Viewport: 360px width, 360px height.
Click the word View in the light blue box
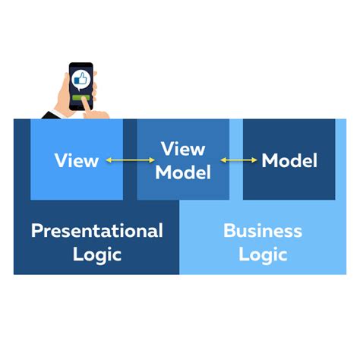click(77, 160)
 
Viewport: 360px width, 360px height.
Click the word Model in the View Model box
click(183, 172)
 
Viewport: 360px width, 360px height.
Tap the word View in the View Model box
click(183, 149)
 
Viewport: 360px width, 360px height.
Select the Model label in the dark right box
click(289, 160)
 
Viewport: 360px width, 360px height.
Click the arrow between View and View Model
click(128, 160)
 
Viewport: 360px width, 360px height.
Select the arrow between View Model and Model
click(238, 160)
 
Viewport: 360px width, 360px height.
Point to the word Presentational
click(96, 230)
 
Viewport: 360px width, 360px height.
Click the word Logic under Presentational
click(96, 254)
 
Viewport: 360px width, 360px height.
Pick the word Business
click(262, 230)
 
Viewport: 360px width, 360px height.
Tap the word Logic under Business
click(262, 254)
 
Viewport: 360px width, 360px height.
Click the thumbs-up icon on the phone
click(81, 78)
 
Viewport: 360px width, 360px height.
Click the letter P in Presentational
click(36, 230)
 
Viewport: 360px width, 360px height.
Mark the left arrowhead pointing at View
click(109, 160)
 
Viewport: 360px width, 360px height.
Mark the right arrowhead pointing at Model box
click(255, 160)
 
